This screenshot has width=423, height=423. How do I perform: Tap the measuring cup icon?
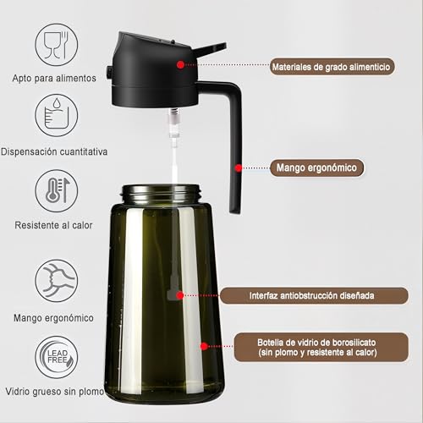pyautogui.click(x=57, y=117)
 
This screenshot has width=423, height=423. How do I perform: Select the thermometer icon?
pyautogui.click(x=57, y=190)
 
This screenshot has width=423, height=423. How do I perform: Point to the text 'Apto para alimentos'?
pyautogui.click(x=54, y=78)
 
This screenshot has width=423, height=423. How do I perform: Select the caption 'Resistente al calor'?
pyautogui.click(x=54, y=226)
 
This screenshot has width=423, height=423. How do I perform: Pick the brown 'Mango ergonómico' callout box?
pyautogui.click(x=315, y=168)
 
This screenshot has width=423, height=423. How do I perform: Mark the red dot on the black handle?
pyautogui.click(x=239, y=168)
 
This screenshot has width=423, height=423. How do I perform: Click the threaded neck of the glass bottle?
pyautogui.click(x=164, y=194)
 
